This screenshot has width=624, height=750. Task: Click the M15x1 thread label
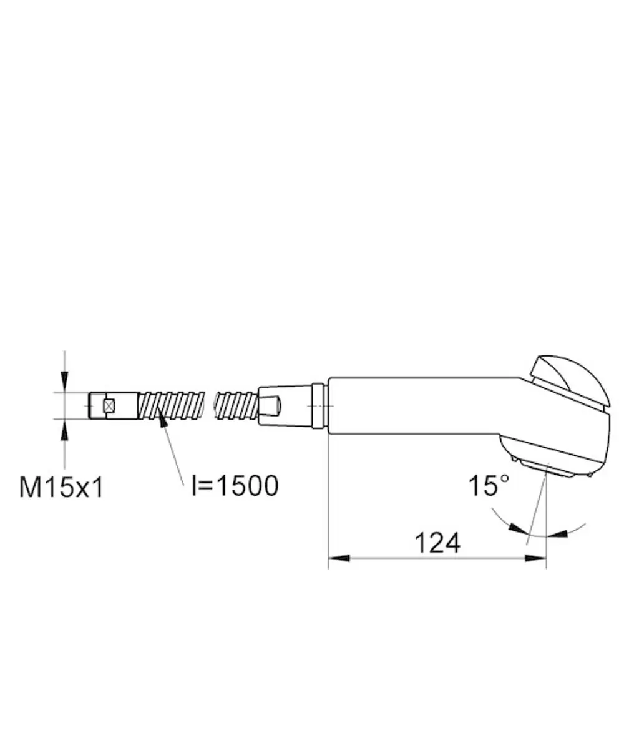coord(61,487)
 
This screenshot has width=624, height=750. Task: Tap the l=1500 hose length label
coord(235,486)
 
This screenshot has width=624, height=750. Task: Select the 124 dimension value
coord(437,543)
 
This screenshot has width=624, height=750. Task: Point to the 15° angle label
coord(489,486)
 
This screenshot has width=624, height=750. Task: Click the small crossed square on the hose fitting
coord(109,405)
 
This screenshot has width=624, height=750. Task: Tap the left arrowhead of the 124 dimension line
coord(339,558)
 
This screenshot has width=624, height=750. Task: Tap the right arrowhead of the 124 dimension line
coord(535,558)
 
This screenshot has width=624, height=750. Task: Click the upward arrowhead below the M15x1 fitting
coord(64,430)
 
